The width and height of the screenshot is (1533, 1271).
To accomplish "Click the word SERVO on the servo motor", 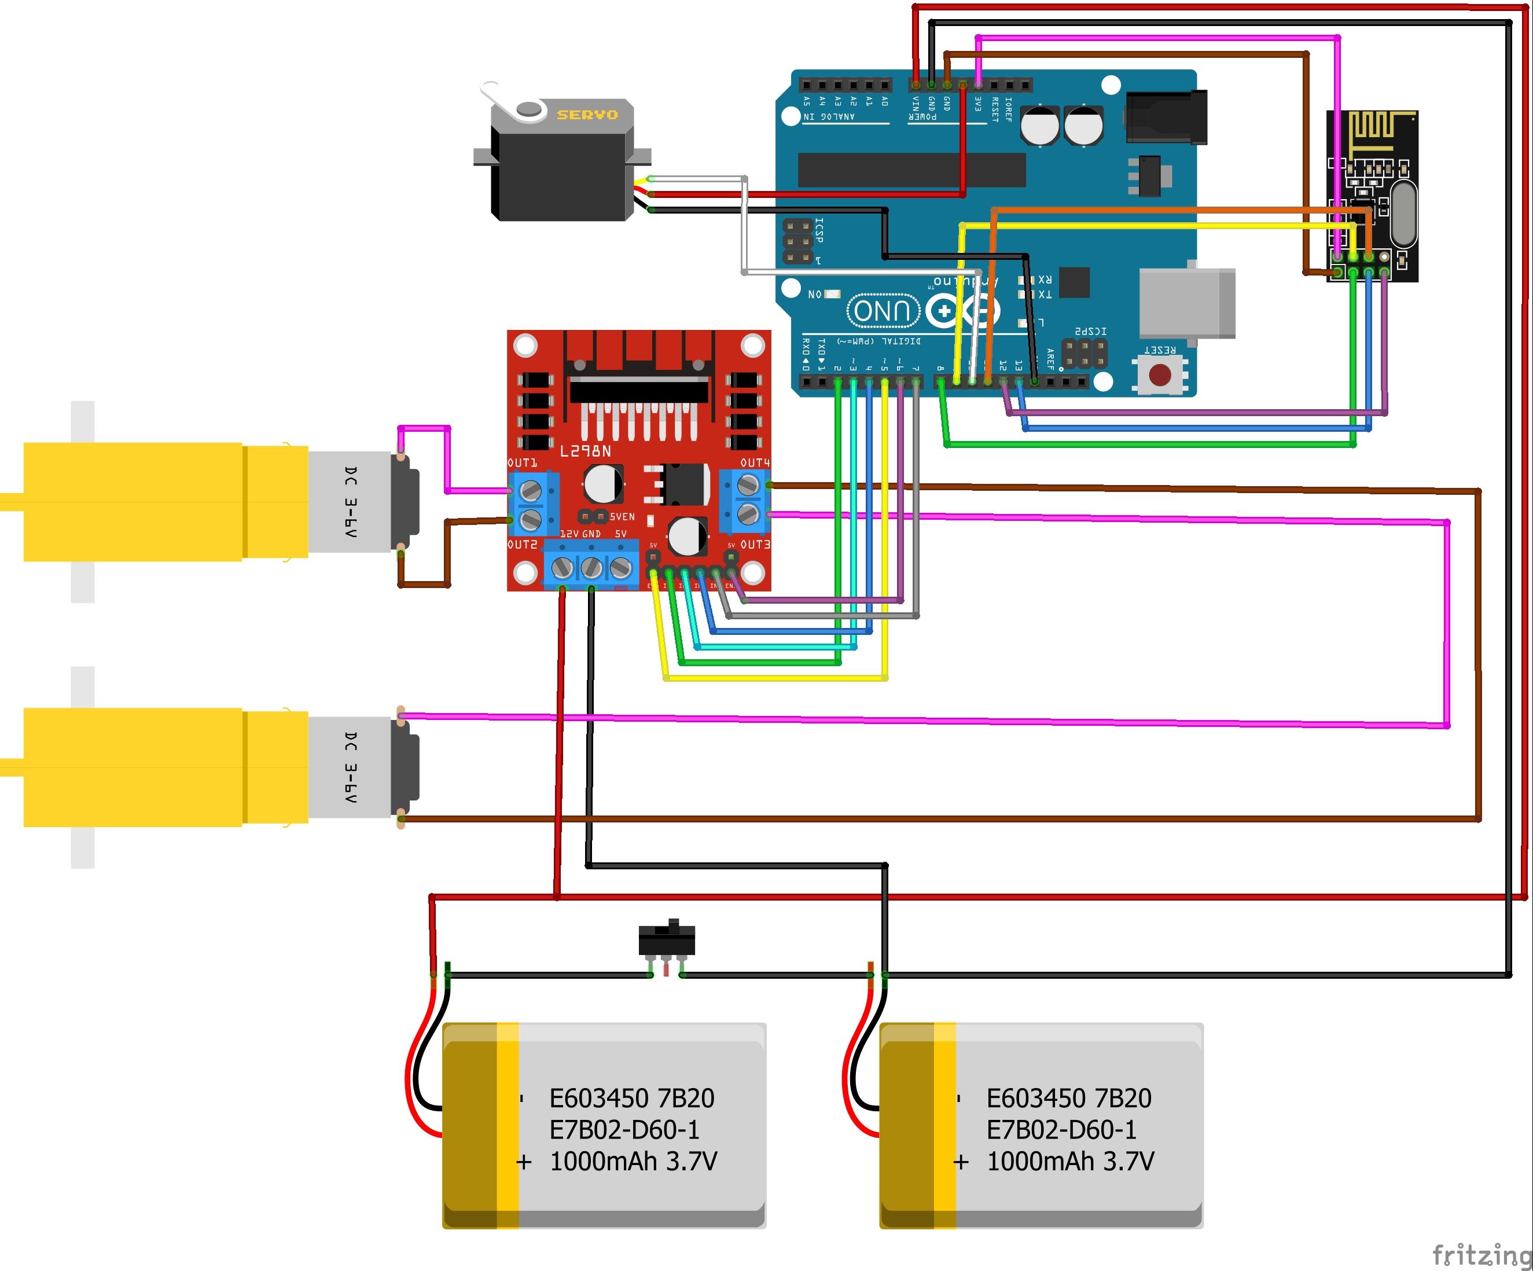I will pyautogui.click(x=587, y=115).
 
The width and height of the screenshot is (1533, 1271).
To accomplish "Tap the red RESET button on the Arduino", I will pyautogui.click(x=1160, y=375).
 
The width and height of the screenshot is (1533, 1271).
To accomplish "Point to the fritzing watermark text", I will pyautogui.click(x=1481, y=1255).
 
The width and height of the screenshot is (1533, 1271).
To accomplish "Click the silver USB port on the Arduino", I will pyautogui.click(x=1186, y=303).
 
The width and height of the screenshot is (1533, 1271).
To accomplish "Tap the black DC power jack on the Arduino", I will pyautogui.click(x=1166, y=117).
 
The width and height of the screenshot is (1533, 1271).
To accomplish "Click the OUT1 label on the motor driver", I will pyautogui.click(x=522, y=463).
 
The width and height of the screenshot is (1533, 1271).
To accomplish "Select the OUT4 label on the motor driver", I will pyautogui.click(x=755, y=463).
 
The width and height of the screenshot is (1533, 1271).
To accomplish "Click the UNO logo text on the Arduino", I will pyautogui.click(x=883, y=311).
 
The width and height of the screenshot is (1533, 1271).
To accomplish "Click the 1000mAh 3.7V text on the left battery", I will pyautogui.click(x=633, y=1161).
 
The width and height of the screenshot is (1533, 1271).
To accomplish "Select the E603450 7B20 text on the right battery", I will pyautogui.click(x=1069, y=1098).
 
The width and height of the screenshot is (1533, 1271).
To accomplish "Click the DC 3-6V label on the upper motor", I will pyautogui.click(x=351, y=502).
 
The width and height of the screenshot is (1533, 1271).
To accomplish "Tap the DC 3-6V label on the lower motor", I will pyautogui.click(x=351, y=768).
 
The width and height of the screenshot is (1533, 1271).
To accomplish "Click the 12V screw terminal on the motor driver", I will pyautogui.click(x=562, y=567).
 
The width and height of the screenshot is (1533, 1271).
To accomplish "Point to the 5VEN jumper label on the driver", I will pyautogui.click(x=622, y=517).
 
